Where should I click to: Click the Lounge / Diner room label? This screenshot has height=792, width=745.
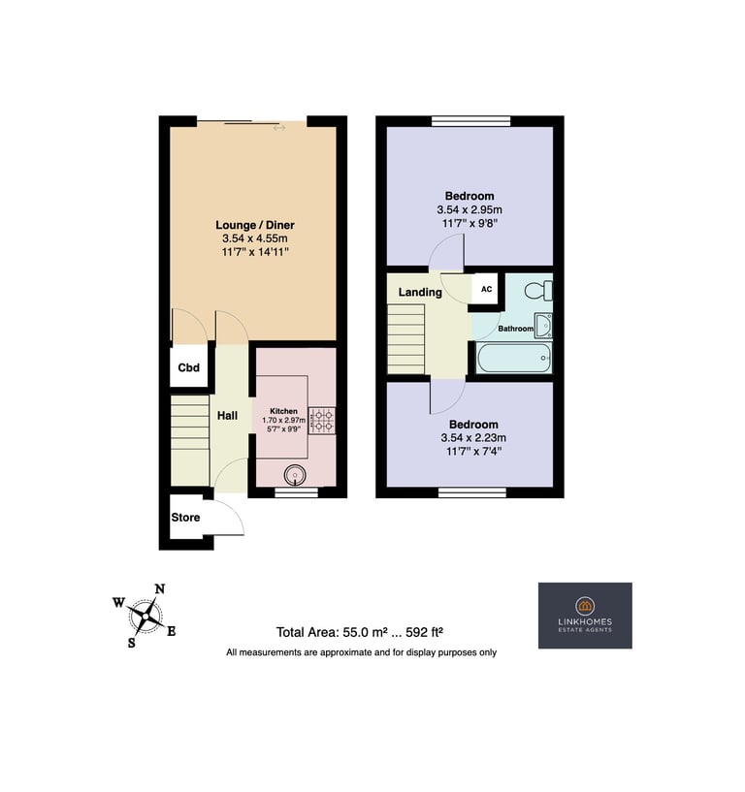255,225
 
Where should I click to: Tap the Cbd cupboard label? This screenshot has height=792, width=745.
188,367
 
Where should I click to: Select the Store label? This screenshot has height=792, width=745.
185,518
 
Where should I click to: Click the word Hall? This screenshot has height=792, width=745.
227,416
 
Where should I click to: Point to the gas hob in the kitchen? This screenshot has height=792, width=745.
322,421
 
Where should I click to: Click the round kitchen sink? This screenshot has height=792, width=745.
295,475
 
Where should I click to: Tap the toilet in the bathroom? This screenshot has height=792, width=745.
538,291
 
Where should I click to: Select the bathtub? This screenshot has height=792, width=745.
514,358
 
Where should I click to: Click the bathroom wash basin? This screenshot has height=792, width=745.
543,326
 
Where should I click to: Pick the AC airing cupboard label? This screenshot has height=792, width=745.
486,289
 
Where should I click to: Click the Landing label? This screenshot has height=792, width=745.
420,292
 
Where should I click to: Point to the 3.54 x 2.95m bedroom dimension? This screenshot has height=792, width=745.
470,209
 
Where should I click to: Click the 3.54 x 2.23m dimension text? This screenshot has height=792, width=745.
473,438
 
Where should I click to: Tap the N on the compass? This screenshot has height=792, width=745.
160,589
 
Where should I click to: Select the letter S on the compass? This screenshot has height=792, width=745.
131,643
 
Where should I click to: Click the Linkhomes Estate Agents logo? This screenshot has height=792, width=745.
585,616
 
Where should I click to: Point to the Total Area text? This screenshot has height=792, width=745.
360,632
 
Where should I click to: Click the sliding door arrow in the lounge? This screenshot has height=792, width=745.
279,128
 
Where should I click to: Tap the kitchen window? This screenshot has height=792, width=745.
296,492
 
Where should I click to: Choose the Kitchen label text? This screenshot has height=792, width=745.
283,411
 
